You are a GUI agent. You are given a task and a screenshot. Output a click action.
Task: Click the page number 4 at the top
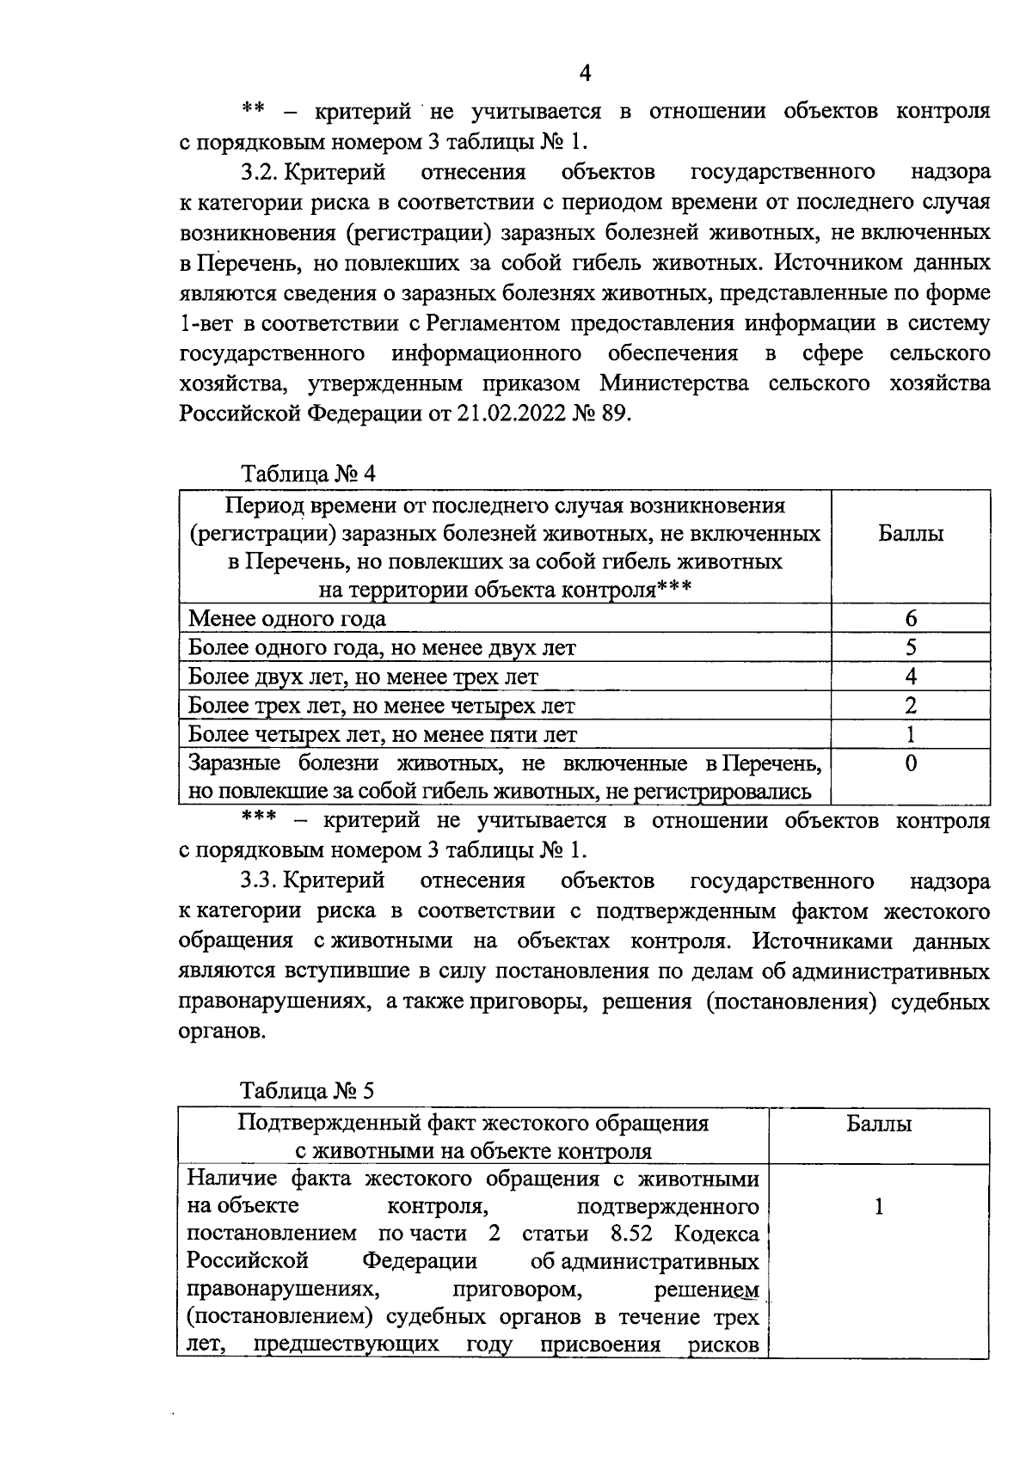(585, 73)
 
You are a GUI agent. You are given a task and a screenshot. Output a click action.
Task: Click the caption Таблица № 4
(308, 474)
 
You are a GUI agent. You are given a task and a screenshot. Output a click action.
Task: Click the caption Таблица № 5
(307, 1091)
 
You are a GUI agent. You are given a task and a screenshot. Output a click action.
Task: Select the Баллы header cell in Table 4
(910, 534)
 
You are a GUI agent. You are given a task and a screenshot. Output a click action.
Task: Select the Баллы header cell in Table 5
(879, 1124)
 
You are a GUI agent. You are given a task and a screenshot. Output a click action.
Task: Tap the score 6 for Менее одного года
(911, 618)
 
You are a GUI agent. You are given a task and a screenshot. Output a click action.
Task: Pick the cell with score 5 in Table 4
(911, 647)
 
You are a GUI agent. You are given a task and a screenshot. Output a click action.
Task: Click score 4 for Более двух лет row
(911, 677)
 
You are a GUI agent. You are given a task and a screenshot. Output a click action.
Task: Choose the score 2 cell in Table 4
(911, 706)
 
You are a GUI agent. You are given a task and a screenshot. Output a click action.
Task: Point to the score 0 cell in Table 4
(911, 764)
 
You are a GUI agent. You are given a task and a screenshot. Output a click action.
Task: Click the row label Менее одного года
(287, 619)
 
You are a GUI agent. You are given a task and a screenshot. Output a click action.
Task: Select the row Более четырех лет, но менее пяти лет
(383, 735)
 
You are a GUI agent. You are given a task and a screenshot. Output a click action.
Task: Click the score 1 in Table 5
(879, 1207)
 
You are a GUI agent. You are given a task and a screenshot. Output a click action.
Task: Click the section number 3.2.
(259, 172)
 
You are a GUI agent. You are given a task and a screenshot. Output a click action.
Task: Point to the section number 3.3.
(259, 881)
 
